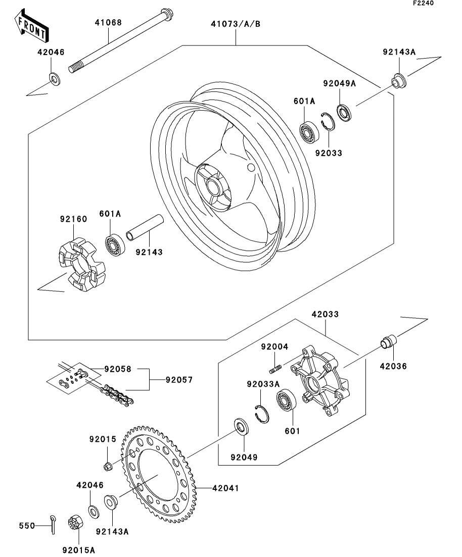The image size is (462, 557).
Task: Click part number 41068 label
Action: [x=108, y=22]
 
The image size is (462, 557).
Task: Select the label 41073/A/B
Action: [x=236, y=24]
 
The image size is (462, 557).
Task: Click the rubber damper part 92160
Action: [x=81, y=263]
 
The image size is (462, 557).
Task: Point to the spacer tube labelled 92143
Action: [x=145, y=228]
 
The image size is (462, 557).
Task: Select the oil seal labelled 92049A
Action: [x=344, y=112]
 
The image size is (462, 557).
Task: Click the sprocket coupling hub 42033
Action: [x=320, y=381]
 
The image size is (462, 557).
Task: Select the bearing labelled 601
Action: [x=286, y=400]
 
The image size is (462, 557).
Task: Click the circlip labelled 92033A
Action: [x=262, y=414]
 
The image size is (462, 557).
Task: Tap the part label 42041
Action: [x=225, y=488]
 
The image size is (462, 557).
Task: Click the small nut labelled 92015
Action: [x=108, y=466]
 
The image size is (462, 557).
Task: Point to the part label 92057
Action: [x=179, y=380]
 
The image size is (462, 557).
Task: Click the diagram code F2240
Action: [x=423, y=3]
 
